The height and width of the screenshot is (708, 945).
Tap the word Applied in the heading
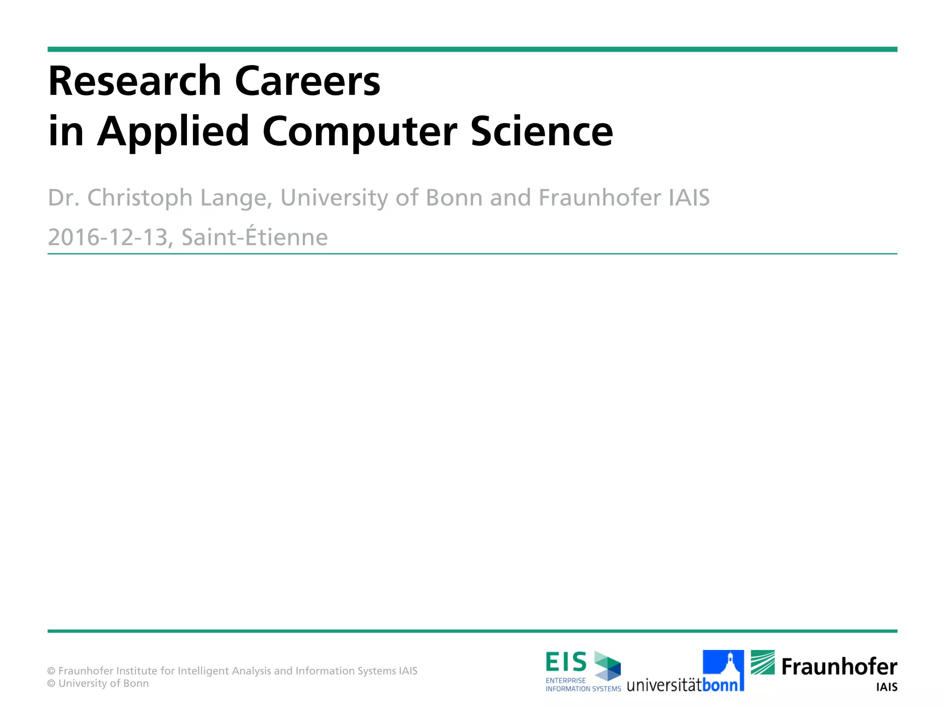tap(173, 132)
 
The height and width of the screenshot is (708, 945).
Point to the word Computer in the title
tap(360, 132)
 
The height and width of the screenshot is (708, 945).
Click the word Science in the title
tap(542, 132)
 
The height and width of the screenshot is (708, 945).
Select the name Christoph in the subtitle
tap(140, 198)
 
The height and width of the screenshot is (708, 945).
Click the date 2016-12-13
tap(108, 238)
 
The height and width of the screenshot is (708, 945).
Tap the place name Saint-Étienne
tap(254, 237)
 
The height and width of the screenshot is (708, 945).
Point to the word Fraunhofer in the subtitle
tap(599, 198)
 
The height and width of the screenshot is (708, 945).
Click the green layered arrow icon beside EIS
tap(607, 666)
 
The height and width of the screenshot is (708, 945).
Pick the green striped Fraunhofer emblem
tap(763, 662)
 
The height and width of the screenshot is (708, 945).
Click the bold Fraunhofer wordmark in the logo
tap(839, 667)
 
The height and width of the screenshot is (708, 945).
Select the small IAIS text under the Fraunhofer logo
tap(886, 687)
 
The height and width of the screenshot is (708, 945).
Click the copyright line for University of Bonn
tap(98, 684)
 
